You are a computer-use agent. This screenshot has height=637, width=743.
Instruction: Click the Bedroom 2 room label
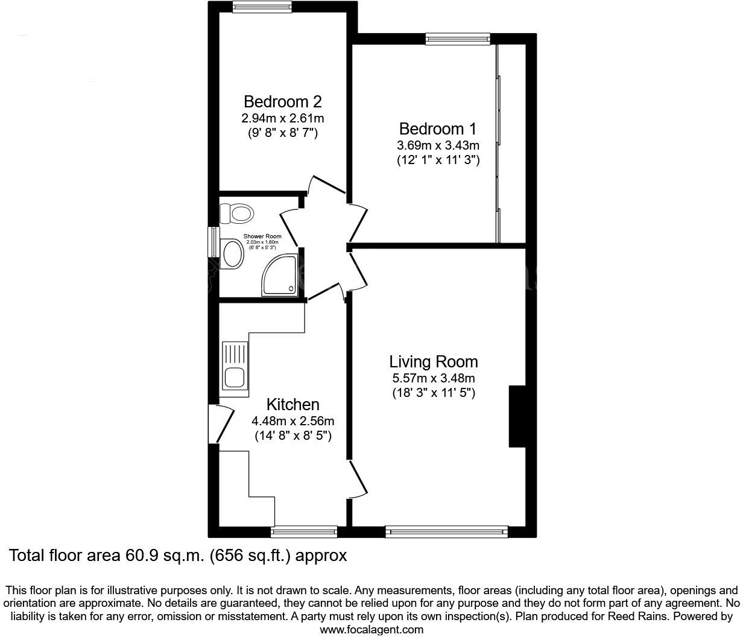click(282, 101)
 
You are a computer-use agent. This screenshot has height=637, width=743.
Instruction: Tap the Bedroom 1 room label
click(438, 129)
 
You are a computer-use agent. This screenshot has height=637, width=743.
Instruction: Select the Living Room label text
click(434, 362)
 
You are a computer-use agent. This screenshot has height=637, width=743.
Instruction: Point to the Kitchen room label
click(293, 404)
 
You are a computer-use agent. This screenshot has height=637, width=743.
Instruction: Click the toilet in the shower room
click(236, 213)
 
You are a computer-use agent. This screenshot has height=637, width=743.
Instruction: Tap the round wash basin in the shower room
click(233, 254)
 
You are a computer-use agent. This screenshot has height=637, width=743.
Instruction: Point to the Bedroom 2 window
click(262, 7)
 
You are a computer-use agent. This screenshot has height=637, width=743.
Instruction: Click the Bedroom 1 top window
click(458, 39)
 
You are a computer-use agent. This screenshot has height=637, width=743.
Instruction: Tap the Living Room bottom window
click(446, 531)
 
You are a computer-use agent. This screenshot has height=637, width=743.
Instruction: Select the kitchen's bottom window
click(304, 531)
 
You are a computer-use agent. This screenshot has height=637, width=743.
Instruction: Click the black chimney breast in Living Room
click(517, 416)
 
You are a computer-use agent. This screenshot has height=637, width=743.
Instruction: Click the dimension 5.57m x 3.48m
click(434, 379)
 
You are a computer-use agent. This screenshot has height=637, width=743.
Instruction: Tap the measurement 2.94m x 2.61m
click(282, 118)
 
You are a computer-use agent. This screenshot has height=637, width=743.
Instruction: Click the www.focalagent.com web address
click(371, 630)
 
